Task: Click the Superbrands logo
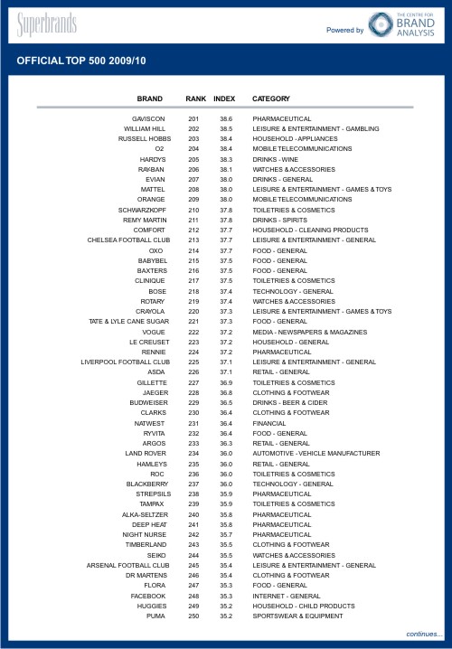(x=46, y=24)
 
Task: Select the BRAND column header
(x=150, y=98)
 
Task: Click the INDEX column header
(x=224, y=98)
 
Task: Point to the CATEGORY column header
(x=271, y=98)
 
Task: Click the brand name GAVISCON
(x=148, y=118)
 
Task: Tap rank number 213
(x=193, y=240)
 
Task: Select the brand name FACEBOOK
(x=148, y=596)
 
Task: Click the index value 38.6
(x=226, y=118)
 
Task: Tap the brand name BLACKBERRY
(x=145, y=484)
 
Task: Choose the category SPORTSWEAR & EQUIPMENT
(x=297, y=616)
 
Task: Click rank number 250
(x=193, y=616)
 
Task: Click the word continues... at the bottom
(x=424, y=635)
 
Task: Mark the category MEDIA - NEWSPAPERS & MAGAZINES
(x=306, y=332)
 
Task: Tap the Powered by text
(x=345, y=30)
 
